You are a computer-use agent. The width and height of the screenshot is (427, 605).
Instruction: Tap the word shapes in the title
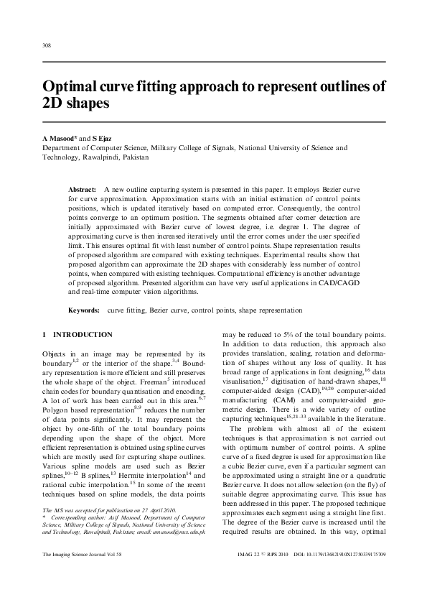88,103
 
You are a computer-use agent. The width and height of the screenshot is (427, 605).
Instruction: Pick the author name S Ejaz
103,137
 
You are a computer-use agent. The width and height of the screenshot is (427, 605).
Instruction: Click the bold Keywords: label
83,310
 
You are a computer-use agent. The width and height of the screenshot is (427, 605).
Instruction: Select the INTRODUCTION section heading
83,335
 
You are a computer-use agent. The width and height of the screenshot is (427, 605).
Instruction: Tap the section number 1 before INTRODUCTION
44,335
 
